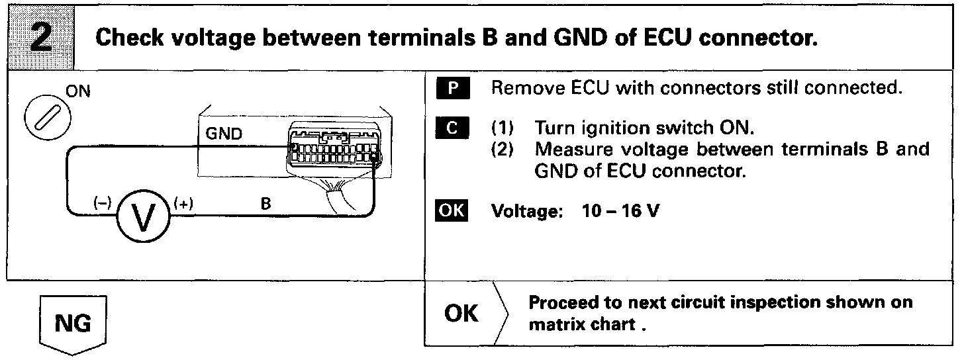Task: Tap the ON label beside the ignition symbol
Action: (x=79, y=93)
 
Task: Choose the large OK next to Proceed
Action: (x=461, y=313)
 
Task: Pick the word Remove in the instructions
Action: (x=518, y=89)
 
